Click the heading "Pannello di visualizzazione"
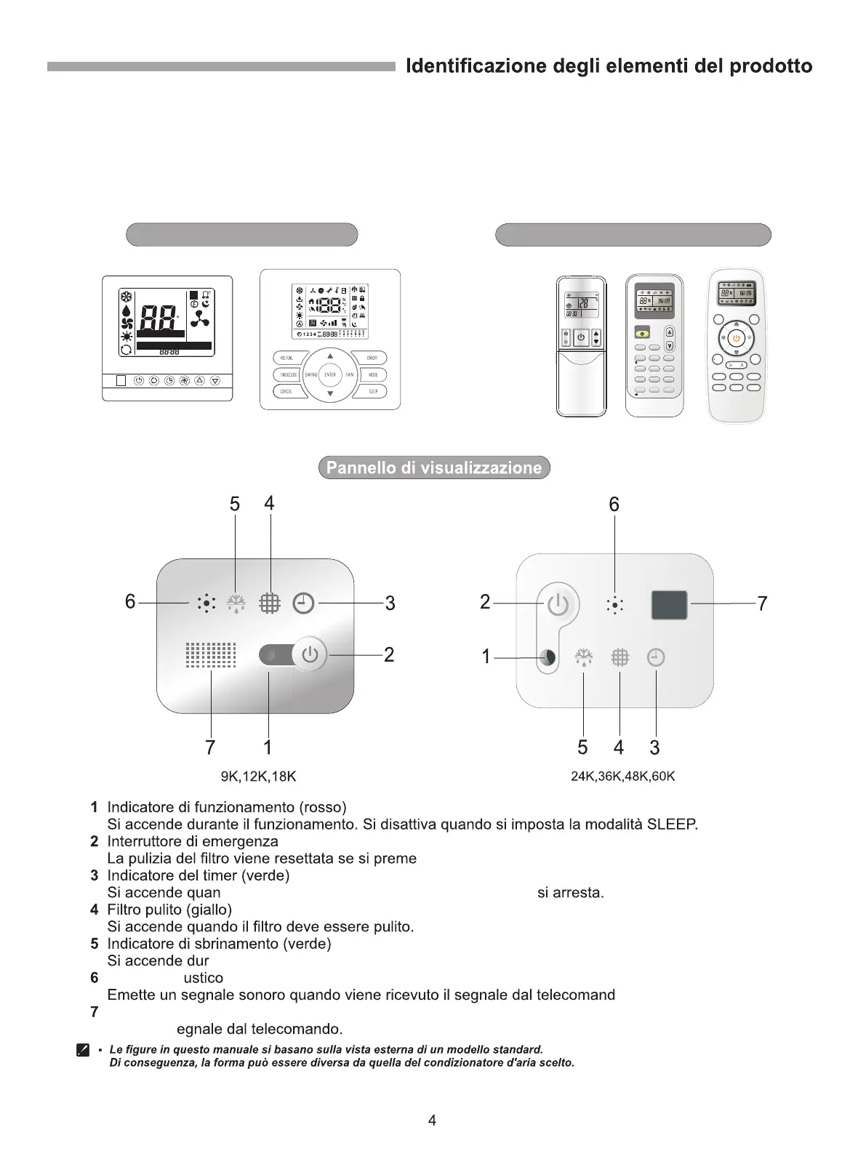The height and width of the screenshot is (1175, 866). click(434, 468)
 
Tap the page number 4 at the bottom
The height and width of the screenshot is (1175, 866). click(432, 1120)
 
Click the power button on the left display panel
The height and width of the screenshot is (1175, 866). click(310, 654)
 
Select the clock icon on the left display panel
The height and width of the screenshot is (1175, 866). click(303, 603)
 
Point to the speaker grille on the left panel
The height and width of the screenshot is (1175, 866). click(211, 655)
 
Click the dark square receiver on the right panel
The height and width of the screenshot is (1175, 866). click(669, 605)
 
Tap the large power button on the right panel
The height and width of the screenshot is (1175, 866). click(558, 604)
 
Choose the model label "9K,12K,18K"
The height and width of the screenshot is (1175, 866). click(258, 777)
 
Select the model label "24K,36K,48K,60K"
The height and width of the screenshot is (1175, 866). click(622, 777)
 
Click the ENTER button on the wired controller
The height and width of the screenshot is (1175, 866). click(330, 375)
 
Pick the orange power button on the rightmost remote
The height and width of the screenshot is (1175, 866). click(736, 337)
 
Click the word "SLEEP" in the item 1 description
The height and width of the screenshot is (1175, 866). click(671, 825)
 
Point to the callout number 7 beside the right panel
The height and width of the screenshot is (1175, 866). click(762, 603)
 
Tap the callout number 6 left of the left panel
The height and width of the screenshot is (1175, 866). click(130, 602)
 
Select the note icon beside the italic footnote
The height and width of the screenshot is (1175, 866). click(83, 1051)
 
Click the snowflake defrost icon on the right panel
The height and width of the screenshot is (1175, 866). click(583, 658)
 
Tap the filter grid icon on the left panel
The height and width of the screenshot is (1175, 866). click(270, 603)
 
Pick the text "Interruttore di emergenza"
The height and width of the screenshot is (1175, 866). click(193, 841)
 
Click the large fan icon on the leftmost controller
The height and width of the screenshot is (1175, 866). click(199, 319)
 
